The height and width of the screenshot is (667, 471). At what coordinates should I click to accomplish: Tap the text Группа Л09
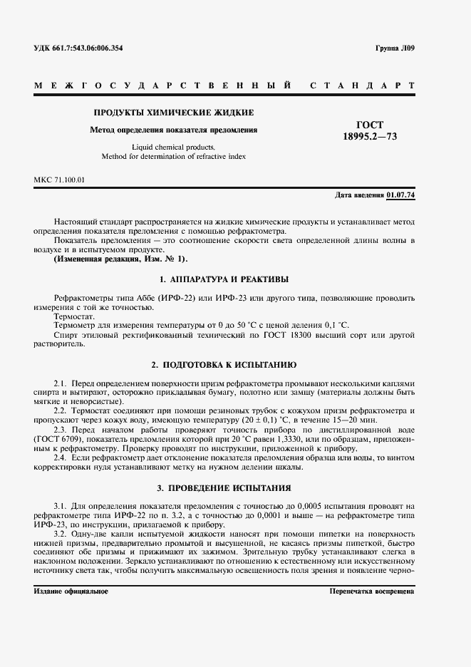pos(394,48)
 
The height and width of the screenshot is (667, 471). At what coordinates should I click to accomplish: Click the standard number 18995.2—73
pos(370,136)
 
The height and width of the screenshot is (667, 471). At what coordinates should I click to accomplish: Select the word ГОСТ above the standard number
pos(370,124)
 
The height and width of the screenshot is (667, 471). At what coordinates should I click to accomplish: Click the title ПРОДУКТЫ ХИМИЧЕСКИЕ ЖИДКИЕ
pos(174,113)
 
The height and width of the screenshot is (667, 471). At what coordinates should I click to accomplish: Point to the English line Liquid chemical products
pos(174,148)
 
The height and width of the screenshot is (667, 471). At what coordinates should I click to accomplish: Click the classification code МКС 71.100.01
pos(59,180)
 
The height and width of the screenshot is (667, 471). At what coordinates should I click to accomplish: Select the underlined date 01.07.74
pos(400,195)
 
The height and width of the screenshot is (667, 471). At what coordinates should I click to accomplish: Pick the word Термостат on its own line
pos(74,316)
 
